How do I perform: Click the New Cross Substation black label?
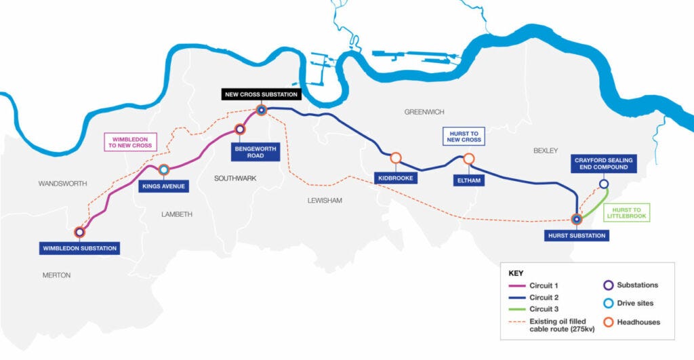pos(260,94)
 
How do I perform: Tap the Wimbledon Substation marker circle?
pos(80,232)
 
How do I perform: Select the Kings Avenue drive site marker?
pos(164,170)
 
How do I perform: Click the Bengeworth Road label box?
pos(256,151)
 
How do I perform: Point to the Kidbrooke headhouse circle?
pos(396,158)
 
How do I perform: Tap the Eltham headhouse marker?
pos(468,159)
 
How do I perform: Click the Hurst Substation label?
pos(576,235)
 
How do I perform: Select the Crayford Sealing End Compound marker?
pos(603,184)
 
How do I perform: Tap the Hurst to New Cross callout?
pos(464,136)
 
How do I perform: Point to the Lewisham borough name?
pos(324,201)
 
